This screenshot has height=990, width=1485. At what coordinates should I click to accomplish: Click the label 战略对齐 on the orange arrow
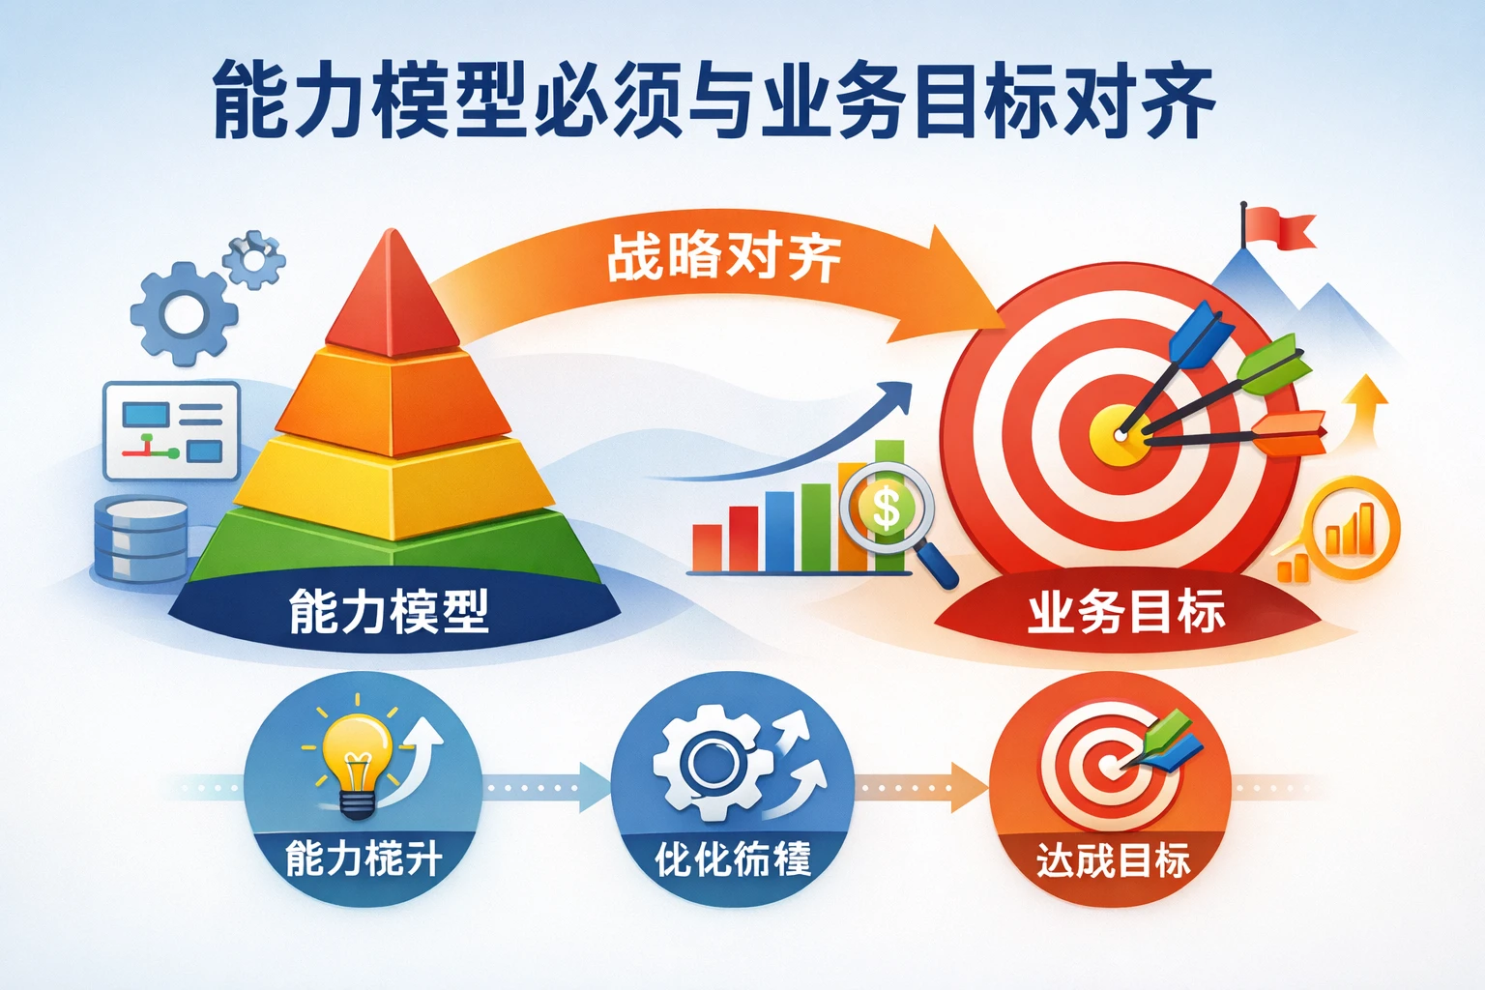723,257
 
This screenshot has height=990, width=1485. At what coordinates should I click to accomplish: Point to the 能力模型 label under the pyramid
389,612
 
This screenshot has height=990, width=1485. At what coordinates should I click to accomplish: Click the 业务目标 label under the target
1126,612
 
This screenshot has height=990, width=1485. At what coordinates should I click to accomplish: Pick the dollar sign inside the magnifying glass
885,507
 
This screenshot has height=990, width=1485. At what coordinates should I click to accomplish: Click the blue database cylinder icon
141,539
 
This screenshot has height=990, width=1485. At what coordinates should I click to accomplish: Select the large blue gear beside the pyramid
183,313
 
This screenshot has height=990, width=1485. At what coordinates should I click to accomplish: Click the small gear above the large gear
254,257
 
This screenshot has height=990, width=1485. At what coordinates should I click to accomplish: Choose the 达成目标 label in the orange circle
1113,859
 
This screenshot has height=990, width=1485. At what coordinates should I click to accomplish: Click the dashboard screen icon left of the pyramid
171,430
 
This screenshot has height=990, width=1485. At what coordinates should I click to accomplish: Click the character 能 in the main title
251,101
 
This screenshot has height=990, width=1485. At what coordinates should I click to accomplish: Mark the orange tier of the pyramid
392,401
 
